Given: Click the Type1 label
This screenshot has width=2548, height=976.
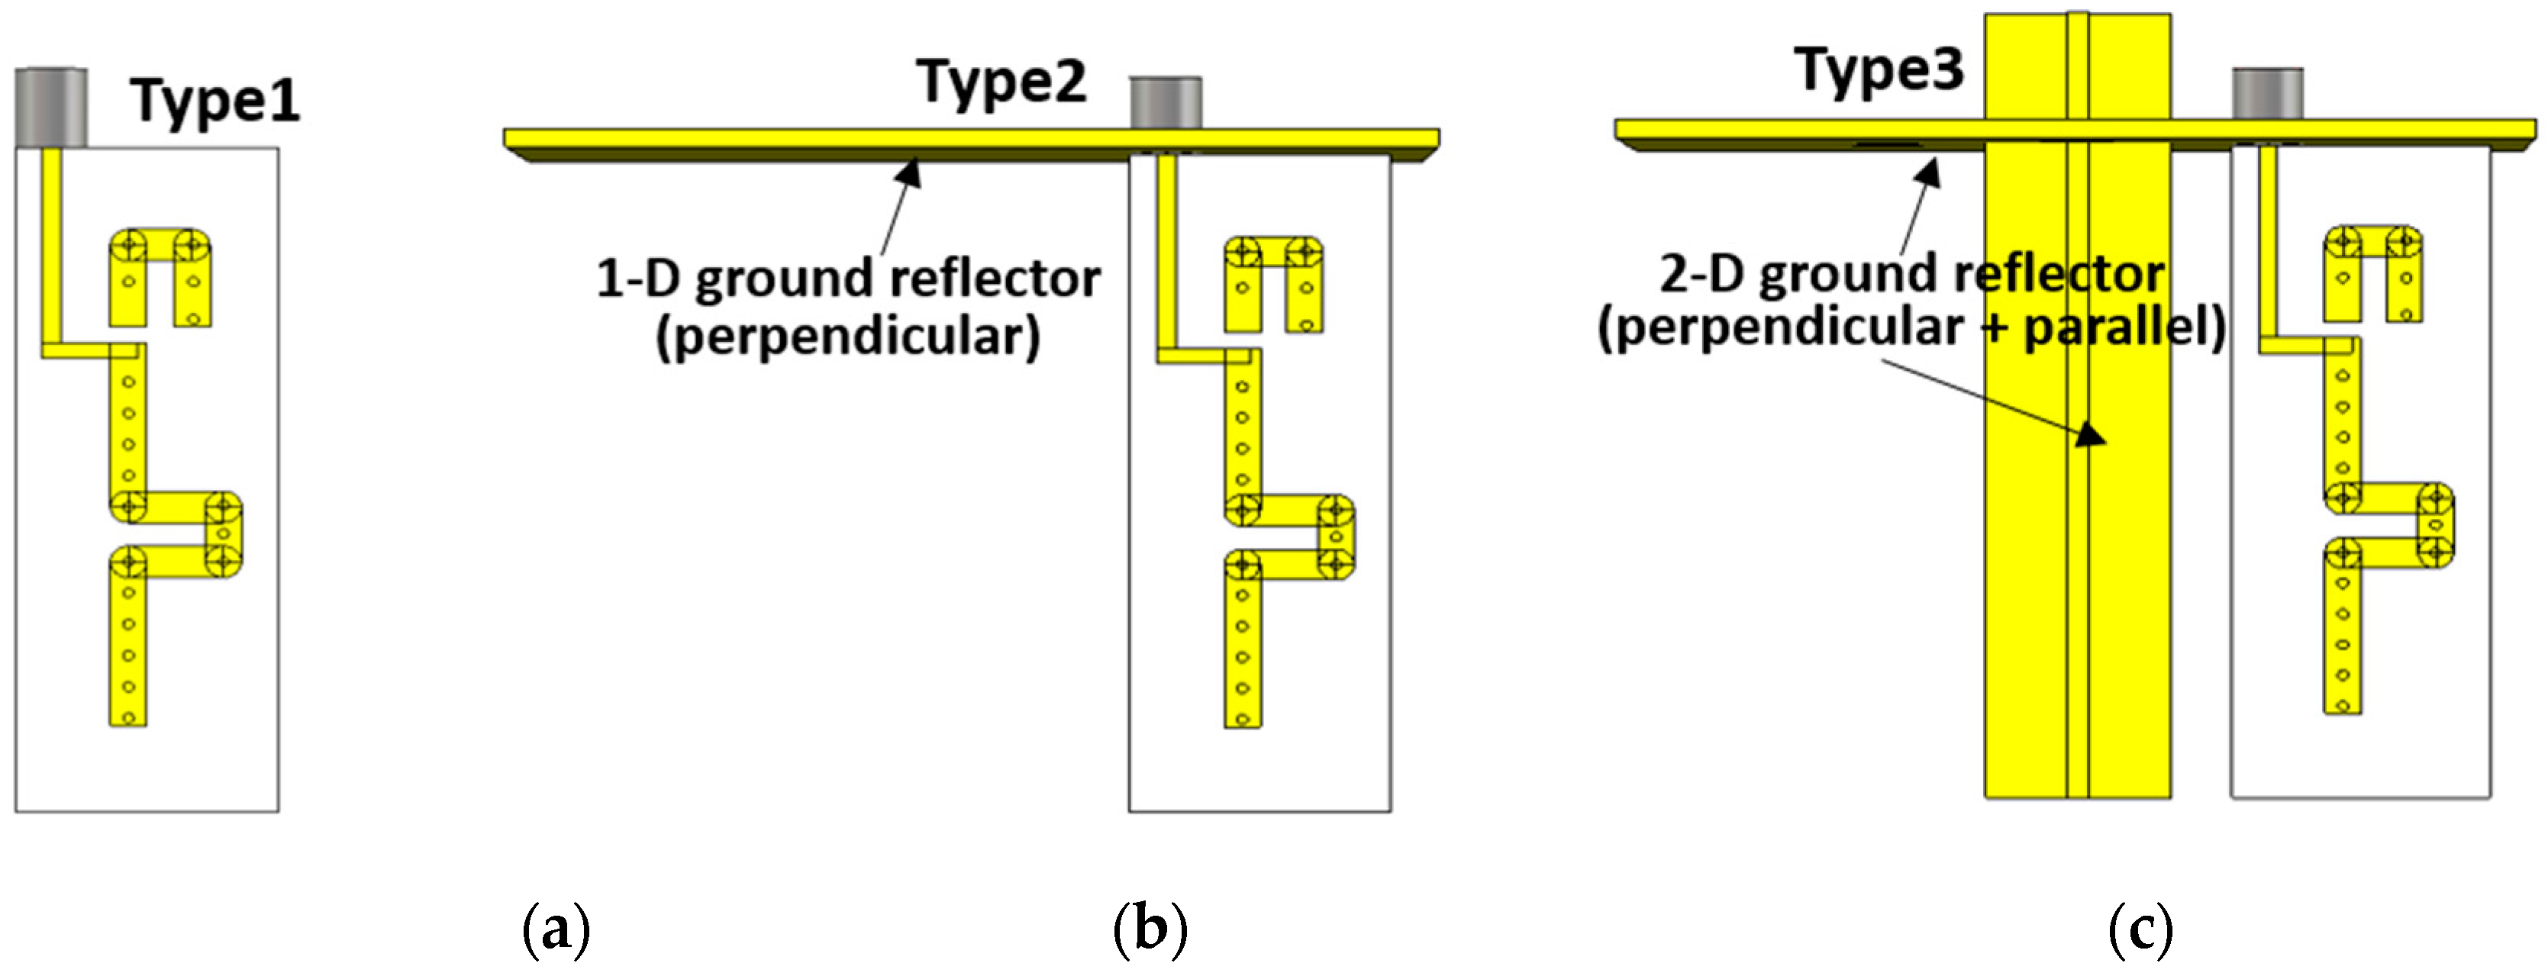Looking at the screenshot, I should click(214, 101).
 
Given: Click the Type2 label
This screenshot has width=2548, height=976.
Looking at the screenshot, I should click(1001, 82).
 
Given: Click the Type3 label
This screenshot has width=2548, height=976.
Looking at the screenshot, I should click(1879, 70).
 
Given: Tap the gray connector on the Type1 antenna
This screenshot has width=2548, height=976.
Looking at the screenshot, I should click(50, 107).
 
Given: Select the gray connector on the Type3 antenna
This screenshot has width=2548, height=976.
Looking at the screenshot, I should click(2267, 94).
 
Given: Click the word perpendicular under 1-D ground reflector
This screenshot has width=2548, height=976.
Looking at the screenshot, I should click(849, 337).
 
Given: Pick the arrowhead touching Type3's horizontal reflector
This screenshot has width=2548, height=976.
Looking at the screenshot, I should click(1928, 173).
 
